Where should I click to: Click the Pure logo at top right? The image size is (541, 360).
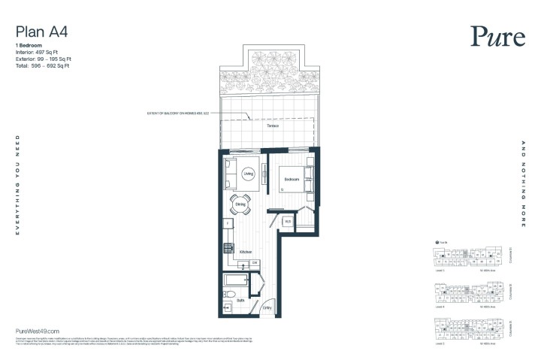tap(493, 36)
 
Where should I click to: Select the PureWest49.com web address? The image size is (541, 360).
tap(37, 331)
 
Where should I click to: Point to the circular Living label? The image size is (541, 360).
tap(249, 174)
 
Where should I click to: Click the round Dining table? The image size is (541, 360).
tap(240, 204)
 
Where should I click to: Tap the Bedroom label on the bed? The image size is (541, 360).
tap(292, 180)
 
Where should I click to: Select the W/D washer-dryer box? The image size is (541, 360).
tap(288, 222)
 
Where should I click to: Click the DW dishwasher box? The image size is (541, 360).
tap(255, 262)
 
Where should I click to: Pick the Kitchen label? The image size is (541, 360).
tap(246, 253)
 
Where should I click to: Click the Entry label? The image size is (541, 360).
tap(267, 308)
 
